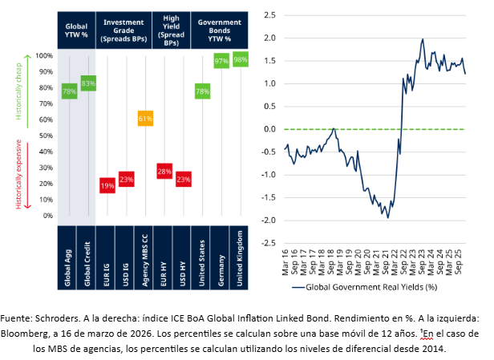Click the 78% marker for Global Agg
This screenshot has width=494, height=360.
coord(70,91)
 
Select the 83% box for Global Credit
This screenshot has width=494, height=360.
coord(88,83)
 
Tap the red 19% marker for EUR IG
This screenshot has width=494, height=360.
coord(107,186)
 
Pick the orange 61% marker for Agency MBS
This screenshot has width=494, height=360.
coord(145,119)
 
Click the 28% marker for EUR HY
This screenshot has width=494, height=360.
coord(164,172)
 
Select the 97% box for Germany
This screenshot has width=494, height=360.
coord(221,61)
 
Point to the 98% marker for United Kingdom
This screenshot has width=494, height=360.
coord(240,59)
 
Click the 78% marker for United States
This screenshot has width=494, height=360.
coord(202,91)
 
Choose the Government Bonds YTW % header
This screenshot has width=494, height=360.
coord(220,30)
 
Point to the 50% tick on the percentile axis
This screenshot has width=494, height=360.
coord(46,136)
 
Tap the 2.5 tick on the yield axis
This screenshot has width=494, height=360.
coord(270,15)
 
